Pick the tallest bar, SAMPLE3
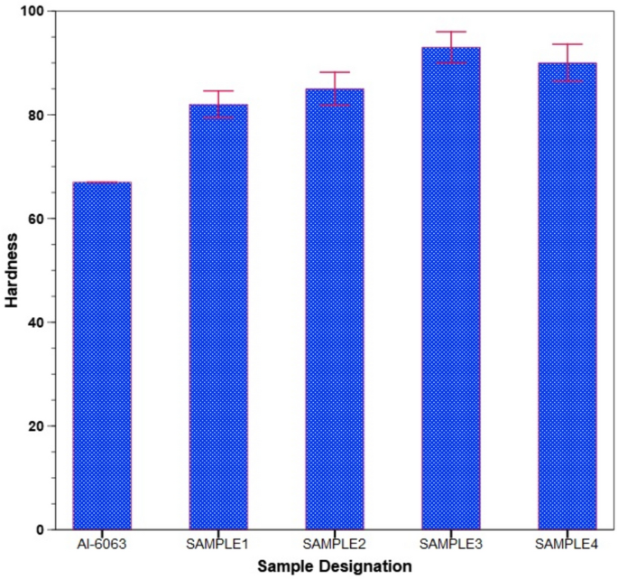(451, 288)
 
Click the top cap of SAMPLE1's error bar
(218, 91)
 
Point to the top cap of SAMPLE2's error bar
(335, 72)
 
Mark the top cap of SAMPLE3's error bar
(451, 32)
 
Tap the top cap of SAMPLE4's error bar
(567, 44)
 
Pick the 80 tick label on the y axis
(36, 116)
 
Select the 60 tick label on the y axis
(36, 219)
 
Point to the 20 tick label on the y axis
(36, 425)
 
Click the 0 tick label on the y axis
(40, 529)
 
